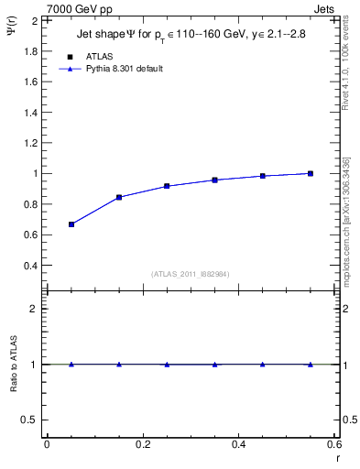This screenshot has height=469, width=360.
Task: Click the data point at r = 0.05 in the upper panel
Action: tap(71, 224)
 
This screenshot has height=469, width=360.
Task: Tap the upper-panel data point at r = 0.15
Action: tap(119, 197)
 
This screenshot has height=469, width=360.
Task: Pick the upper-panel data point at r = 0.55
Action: tap(311, 173)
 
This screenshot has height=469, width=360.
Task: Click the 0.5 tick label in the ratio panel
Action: tap(29, 420)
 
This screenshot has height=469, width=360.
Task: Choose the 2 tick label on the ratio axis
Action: tap(34, 309)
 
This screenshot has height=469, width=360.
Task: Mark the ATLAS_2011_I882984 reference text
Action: tap(191, 274)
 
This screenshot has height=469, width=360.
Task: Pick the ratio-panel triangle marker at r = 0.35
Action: tap(215, 364)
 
